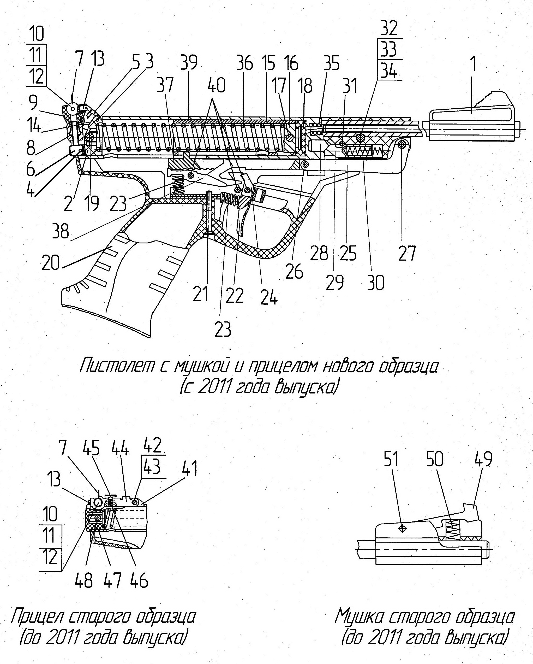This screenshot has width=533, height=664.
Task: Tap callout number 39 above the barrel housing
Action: tap(189, 63)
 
